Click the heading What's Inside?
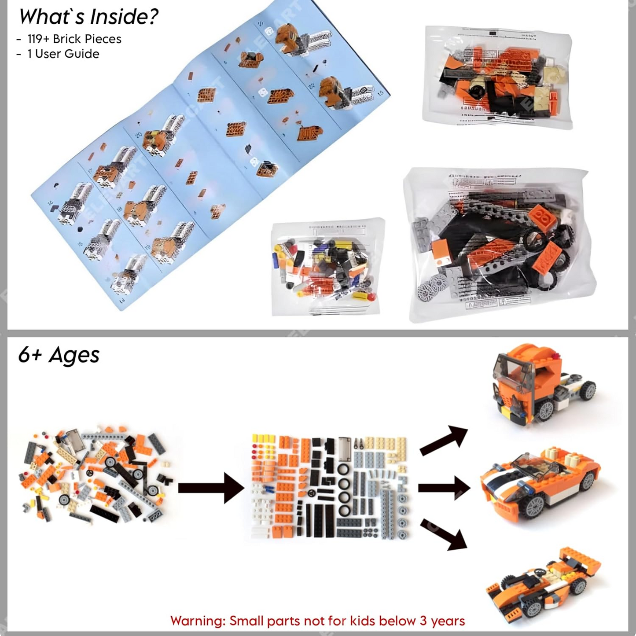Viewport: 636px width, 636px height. pyautogui.click(x=88, y=17)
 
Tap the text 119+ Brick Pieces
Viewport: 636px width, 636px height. pyautogui.click(x=74, y=39)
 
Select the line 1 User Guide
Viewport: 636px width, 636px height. pyautogui.click(x=63, y=54)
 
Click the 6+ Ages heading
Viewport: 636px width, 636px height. pyautogui.click(x=59, y=355)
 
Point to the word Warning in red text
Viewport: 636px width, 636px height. pyautogui.click(x=197, y=621)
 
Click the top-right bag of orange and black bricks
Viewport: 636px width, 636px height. pyautogui.click(x=497, y=77)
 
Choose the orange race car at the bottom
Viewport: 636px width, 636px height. pyautogui.click(x=544, y=581)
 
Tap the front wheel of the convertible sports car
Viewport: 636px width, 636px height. pyautogui.click(x=535, y=506)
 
